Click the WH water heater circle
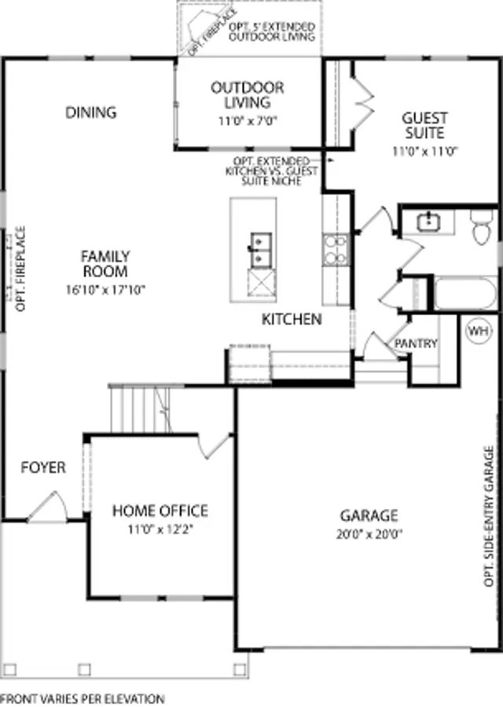[478, 331]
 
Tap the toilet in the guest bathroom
[481, 227]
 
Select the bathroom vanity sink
[428, 222]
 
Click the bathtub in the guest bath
[465, 293]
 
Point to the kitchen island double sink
[261, 249]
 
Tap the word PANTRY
[416, 343]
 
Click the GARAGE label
[369, 515]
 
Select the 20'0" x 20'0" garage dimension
[369, 535]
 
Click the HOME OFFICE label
[160, 511]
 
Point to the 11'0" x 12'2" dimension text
[160, 529]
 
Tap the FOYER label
[43, 467]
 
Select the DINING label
[90, 112]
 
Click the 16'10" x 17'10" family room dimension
[105, 289]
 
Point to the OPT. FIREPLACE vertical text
[20, 269]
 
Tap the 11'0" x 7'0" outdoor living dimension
[248, 121]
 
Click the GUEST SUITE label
[424, 126]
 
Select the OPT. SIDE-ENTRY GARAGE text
[489, 516]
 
